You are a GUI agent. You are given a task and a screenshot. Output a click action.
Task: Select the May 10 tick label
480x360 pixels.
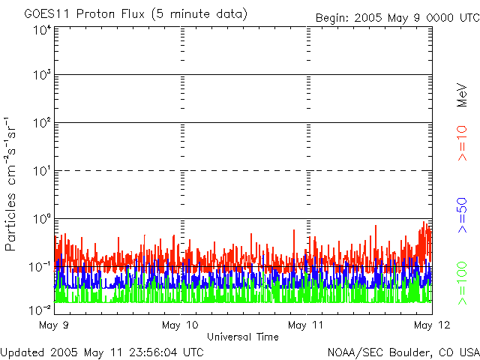click(x=180, y=325)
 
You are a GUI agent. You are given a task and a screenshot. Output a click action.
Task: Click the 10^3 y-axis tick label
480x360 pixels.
click(x=42, y=76)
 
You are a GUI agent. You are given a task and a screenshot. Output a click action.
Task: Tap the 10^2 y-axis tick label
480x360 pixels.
click(x=42, y=124)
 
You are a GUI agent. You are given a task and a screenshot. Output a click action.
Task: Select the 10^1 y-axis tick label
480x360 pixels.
click(x=42, y=172)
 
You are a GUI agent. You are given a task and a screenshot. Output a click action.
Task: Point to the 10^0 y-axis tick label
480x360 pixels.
click(x=42, y=220)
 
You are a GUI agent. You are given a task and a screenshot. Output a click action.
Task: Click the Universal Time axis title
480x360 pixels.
click(x=243, y=337)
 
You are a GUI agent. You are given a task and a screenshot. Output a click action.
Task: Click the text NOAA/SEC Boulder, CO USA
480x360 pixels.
click(x=403, y=351)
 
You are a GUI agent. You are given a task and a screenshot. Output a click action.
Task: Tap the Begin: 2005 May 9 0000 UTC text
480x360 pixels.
click(x=396, y=16)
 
